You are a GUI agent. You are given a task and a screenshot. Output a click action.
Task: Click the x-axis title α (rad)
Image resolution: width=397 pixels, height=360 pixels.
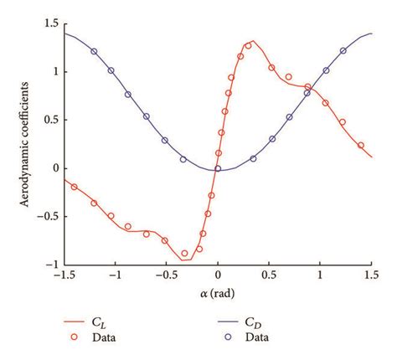[x=218, y=294]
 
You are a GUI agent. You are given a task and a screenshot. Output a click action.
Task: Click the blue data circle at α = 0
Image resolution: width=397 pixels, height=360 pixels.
[x=218, y=168]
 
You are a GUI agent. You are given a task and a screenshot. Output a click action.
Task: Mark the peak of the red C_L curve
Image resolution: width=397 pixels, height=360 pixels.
[x=251, y=42]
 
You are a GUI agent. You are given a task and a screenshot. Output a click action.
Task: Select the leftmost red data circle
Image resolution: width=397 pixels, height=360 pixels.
[x=75, y=187]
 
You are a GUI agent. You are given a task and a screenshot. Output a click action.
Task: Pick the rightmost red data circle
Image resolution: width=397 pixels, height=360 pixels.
[x=361, y=145]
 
